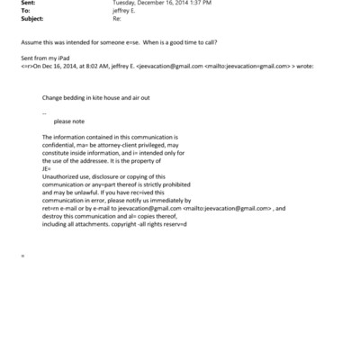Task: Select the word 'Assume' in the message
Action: point(31,42)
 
